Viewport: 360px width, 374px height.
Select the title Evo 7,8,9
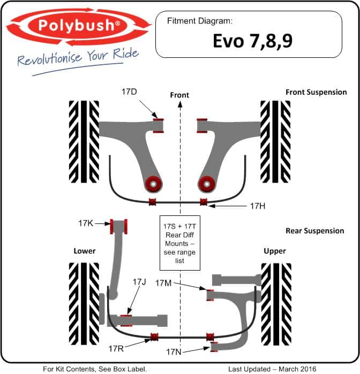pos(252,41)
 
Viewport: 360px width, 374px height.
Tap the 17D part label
pos(129,92)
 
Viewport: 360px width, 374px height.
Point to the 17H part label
pos(258,206)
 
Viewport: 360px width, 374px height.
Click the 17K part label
pos(86,223)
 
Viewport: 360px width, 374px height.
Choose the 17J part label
pos(139,282)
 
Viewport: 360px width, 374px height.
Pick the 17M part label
pos(163,283)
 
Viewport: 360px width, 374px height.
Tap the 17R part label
pos(116,349)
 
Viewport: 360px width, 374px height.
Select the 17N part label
pos(174,352)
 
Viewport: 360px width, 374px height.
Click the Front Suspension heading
pos(316,92)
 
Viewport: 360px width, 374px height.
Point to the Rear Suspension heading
pos(314,230)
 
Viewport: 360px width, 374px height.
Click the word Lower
pos(85,251)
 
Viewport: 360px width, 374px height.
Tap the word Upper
pos(275,251)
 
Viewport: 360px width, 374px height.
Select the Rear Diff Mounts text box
pos(180,243)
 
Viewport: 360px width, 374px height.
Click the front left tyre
pos(84,141)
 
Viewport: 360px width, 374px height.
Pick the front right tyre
pos(275,141)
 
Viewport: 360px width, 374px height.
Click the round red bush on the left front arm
pos(154,184)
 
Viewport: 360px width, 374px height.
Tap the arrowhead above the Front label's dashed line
pos(180,104)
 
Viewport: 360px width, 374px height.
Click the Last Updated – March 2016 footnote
pos(272,369)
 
